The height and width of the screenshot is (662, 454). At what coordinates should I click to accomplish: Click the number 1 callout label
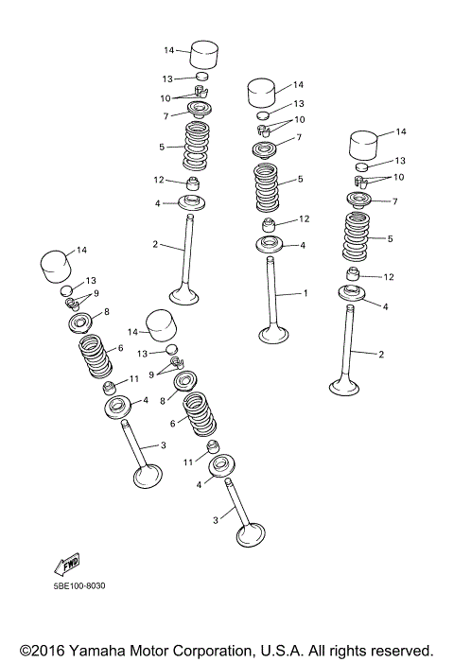point(306,293)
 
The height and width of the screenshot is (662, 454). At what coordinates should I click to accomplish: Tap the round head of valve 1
point(274,333)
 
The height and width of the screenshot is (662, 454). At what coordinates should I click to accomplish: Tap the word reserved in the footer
point(398,651)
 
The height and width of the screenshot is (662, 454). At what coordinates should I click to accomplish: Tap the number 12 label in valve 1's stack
point(304,218)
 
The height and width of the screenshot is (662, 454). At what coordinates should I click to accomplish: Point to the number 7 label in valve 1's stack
point(299,138)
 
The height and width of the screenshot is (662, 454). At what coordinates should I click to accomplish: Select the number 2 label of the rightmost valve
point(381,355)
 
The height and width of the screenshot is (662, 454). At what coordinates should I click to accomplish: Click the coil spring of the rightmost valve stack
point(358,236)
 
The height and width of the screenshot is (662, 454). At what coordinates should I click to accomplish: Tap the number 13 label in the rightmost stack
point(399,161)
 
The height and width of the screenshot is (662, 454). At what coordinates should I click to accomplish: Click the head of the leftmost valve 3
point(148,476)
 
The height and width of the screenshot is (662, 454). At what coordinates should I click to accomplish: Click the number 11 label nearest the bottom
point(188,462)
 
